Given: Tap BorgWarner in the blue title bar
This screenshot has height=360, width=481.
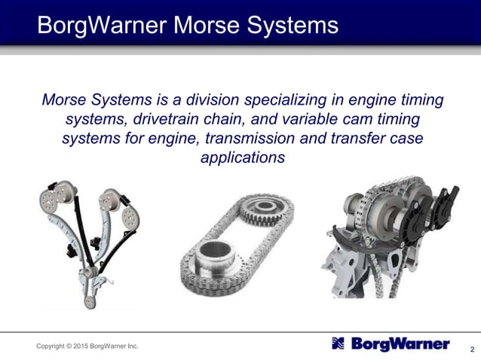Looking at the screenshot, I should click(x=103, y=26).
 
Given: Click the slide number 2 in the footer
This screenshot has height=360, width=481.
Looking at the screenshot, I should click(x=471, y=349).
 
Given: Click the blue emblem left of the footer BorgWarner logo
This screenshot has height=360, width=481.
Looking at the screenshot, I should click(x=339, y=345).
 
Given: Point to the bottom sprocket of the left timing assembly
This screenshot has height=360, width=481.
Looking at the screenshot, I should click(x=90, y=301).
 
